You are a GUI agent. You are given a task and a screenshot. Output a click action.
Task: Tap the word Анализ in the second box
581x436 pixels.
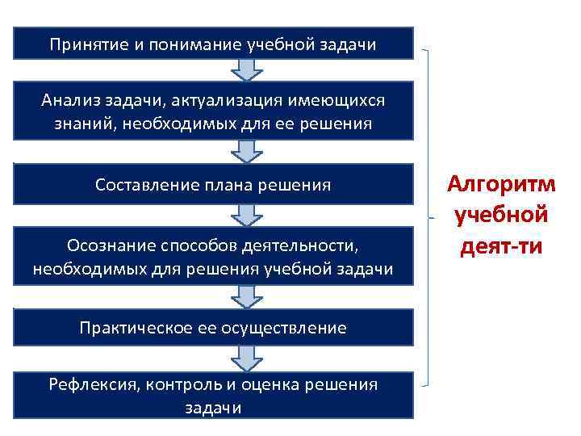(x=69, y=100)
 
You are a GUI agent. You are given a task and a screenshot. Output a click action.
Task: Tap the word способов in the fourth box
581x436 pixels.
(x=204, y=245)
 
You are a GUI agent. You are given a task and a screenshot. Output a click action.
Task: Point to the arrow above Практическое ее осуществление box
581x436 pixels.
(x=247, y=297)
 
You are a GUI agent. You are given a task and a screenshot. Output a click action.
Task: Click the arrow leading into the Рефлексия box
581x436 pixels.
(x=247, y=356)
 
